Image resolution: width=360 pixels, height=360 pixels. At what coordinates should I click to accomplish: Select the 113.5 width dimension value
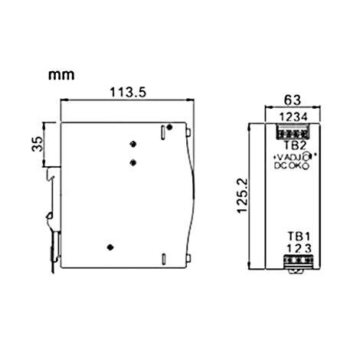126,91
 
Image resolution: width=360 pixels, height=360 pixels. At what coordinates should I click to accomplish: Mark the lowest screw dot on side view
111,247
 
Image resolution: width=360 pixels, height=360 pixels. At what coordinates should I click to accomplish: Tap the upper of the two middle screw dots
133,145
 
